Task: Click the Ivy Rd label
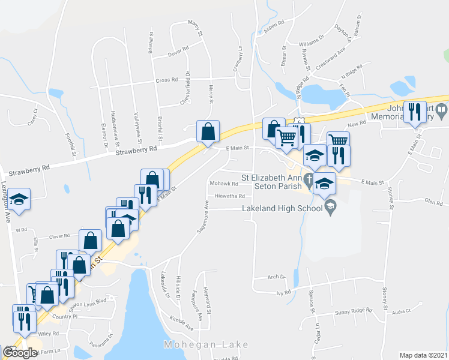click(x=283, y=293)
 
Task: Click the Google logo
click(x=20, y=353)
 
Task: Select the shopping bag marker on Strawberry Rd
click(x=207, y=131)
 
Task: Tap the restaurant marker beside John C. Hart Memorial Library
click(x=415, y=112)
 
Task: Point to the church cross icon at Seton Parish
click(x=308, y=179)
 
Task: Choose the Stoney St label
click(x=389, y=198)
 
